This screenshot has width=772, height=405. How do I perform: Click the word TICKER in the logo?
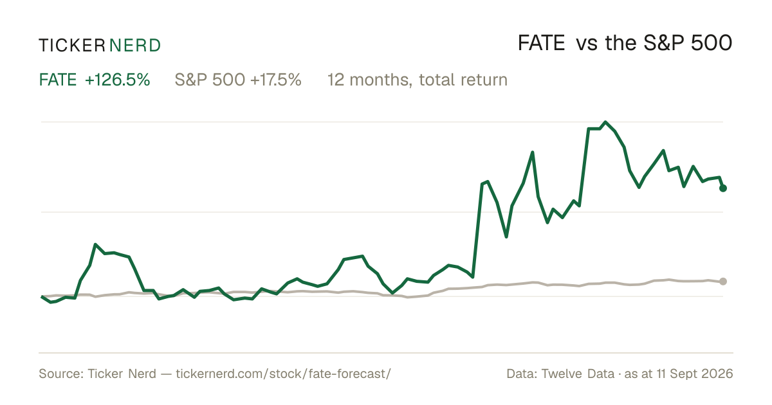pyautogui.click(x=72, y=46)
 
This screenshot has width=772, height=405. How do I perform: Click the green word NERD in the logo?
pyautogui.click(x=135, y=46)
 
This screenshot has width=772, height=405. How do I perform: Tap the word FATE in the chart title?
pyautogui.click(x=542, y=43)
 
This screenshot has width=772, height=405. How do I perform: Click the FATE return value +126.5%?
pyautogui.click(x=118, y=80)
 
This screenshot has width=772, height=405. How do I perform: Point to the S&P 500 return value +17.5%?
pyautogui.click(x=276, y=80)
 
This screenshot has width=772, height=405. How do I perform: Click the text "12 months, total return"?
pyautogui.click(x=418, y=80)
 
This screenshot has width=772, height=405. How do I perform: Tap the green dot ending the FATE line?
pyautogui.click(x=723, y=188)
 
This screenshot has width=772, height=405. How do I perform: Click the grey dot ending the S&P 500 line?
pyautogui.click(x=723, y=282)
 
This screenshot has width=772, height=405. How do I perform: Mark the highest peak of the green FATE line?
pyautogui.click(x=605, y=122)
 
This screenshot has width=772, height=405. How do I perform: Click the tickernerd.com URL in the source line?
pyautogui.click(x=283, y=373)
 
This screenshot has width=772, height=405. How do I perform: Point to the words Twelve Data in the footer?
pyautogui.click(x=578, y=373)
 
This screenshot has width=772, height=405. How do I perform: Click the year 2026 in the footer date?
pyautogui.click(x=718, y=373)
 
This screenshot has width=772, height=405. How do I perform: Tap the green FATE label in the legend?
pyautogui.click(x=58, y=80)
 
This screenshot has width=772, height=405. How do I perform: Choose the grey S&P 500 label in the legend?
pyautogui.click(x=210, y=80)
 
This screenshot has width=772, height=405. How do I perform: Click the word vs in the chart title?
pyautogui.click(x=587, y=44)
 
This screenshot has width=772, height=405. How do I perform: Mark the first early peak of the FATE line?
pyautogui.click(x=95, y=244)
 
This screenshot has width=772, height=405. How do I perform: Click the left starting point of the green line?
pyautogui.click(x=42, y=296)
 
